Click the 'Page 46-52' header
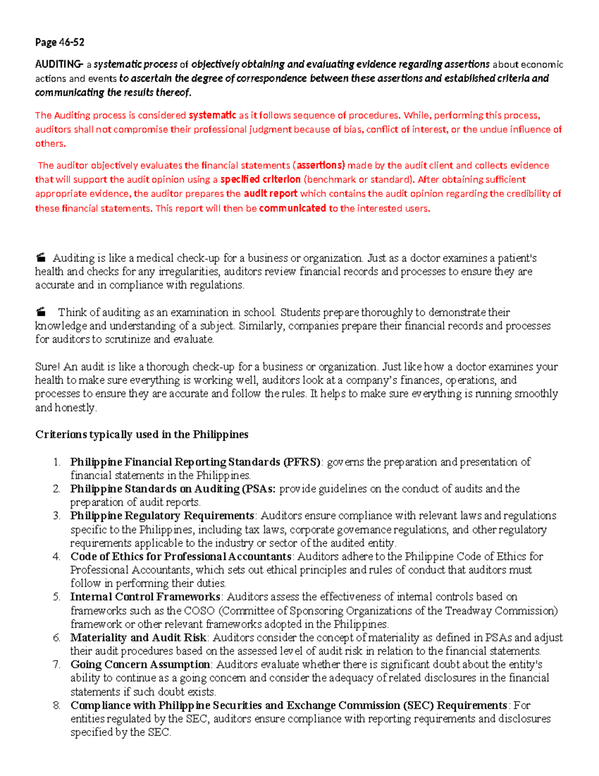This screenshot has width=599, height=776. click(x=59, y=42)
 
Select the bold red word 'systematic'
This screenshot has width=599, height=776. click(x=212, y=115)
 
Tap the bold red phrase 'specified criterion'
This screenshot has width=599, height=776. click(x=260, y=179)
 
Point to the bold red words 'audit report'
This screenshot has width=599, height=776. click(x=270, y=194)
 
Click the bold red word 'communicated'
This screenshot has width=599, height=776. click(x=293, y=208)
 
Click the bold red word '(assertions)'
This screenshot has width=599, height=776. click(x=319, y=165)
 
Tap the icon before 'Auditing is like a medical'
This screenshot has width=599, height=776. click(x=41, y=258)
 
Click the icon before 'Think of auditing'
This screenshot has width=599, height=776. click(x=41, y=312)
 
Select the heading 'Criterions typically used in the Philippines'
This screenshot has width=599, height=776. click(x=142, y=435)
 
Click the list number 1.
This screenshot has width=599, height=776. click(x=57, y=462)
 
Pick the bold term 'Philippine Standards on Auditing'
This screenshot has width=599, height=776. click(x=155, y=489)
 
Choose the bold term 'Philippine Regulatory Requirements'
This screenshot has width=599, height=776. click(x=162, y=516)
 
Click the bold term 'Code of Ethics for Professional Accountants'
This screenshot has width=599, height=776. click(x=181, y=557)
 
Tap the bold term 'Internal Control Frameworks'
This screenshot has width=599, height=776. click(x=145, y=597)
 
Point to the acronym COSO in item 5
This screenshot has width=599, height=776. click(x=199, y=611)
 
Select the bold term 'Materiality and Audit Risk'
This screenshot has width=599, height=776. click(x=138, y=638)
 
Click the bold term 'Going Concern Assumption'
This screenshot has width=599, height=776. click(x=140, y=665)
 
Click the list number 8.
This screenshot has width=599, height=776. click(x=57, y=706)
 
